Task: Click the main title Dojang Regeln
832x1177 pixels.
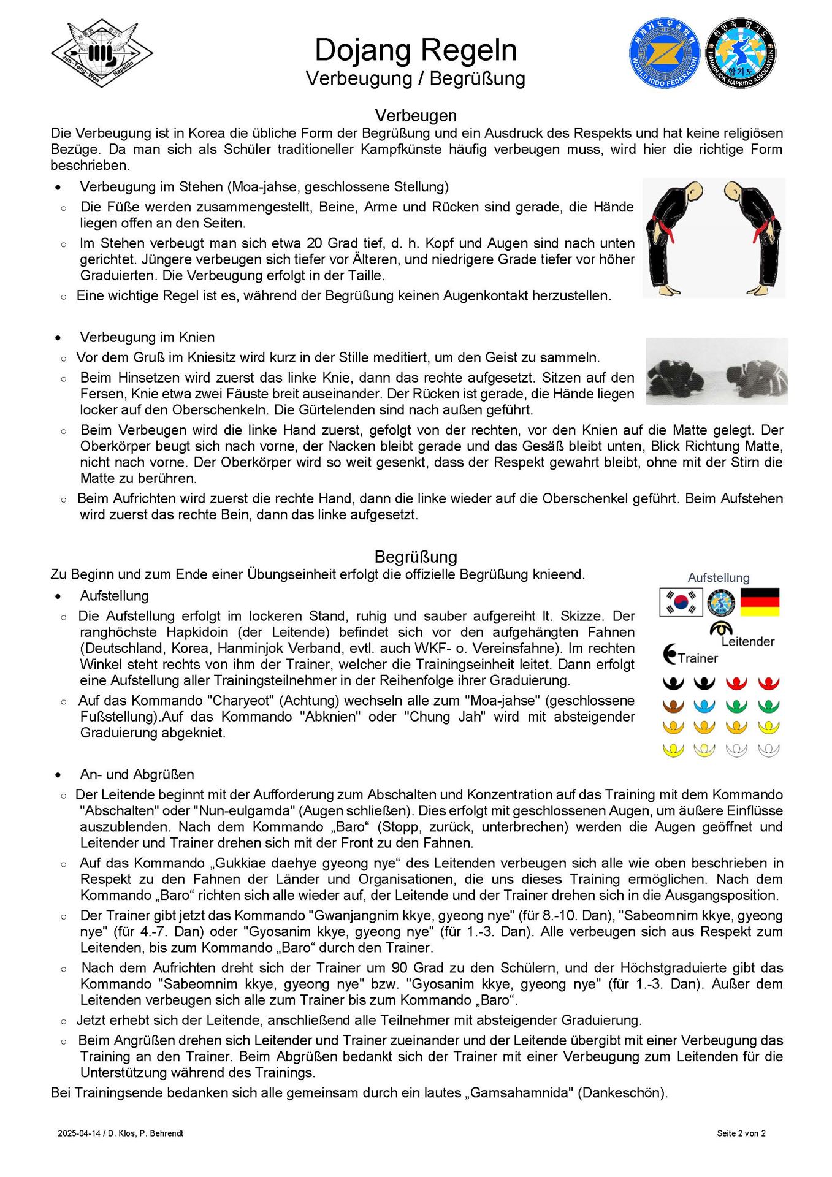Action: (416, 50)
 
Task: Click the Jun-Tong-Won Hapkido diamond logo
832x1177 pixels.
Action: (102, 54)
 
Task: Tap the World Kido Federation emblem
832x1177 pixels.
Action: (665, 53)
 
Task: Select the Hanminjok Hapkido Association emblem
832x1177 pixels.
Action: (740, 53)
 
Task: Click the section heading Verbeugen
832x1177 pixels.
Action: (416, 115)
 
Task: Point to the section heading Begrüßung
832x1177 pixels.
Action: (416, 557)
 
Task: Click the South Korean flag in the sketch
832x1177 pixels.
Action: (681, 602)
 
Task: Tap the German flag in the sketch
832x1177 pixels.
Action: (760, 602)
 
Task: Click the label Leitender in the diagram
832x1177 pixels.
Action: (747, 641)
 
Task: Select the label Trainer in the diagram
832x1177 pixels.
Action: (698, 658)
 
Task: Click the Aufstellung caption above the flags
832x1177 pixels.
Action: (719, 577)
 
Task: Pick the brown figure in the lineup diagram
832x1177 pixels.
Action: (673, 706)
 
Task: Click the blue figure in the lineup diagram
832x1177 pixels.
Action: (704, 706)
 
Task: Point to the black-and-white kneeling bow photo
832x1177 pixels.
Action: (717, 371)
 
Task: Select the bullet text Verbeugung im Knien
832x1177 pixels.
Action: (147, 337)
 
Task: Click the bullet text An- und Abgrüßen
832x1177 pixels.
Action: (137, 774)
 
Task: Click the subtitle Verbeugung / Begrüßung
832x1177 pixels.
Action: (416, 78)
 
